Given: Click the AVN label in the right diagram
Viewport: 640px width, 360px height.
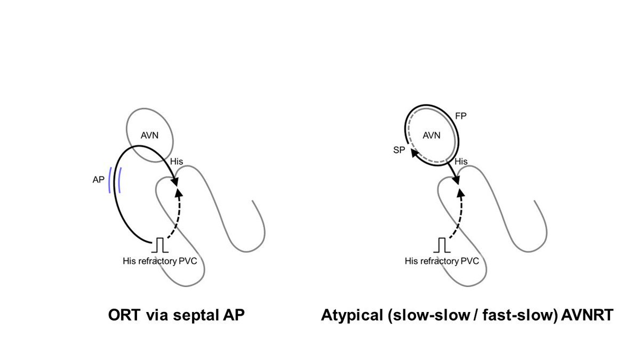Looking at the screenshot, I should pos(431,135).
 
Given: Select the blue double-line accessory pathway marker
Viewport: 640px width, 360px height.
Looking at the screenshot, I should pos(114,180).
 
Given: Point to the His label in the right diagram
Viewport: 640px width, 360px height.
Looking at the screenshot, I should pos(460,161).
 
